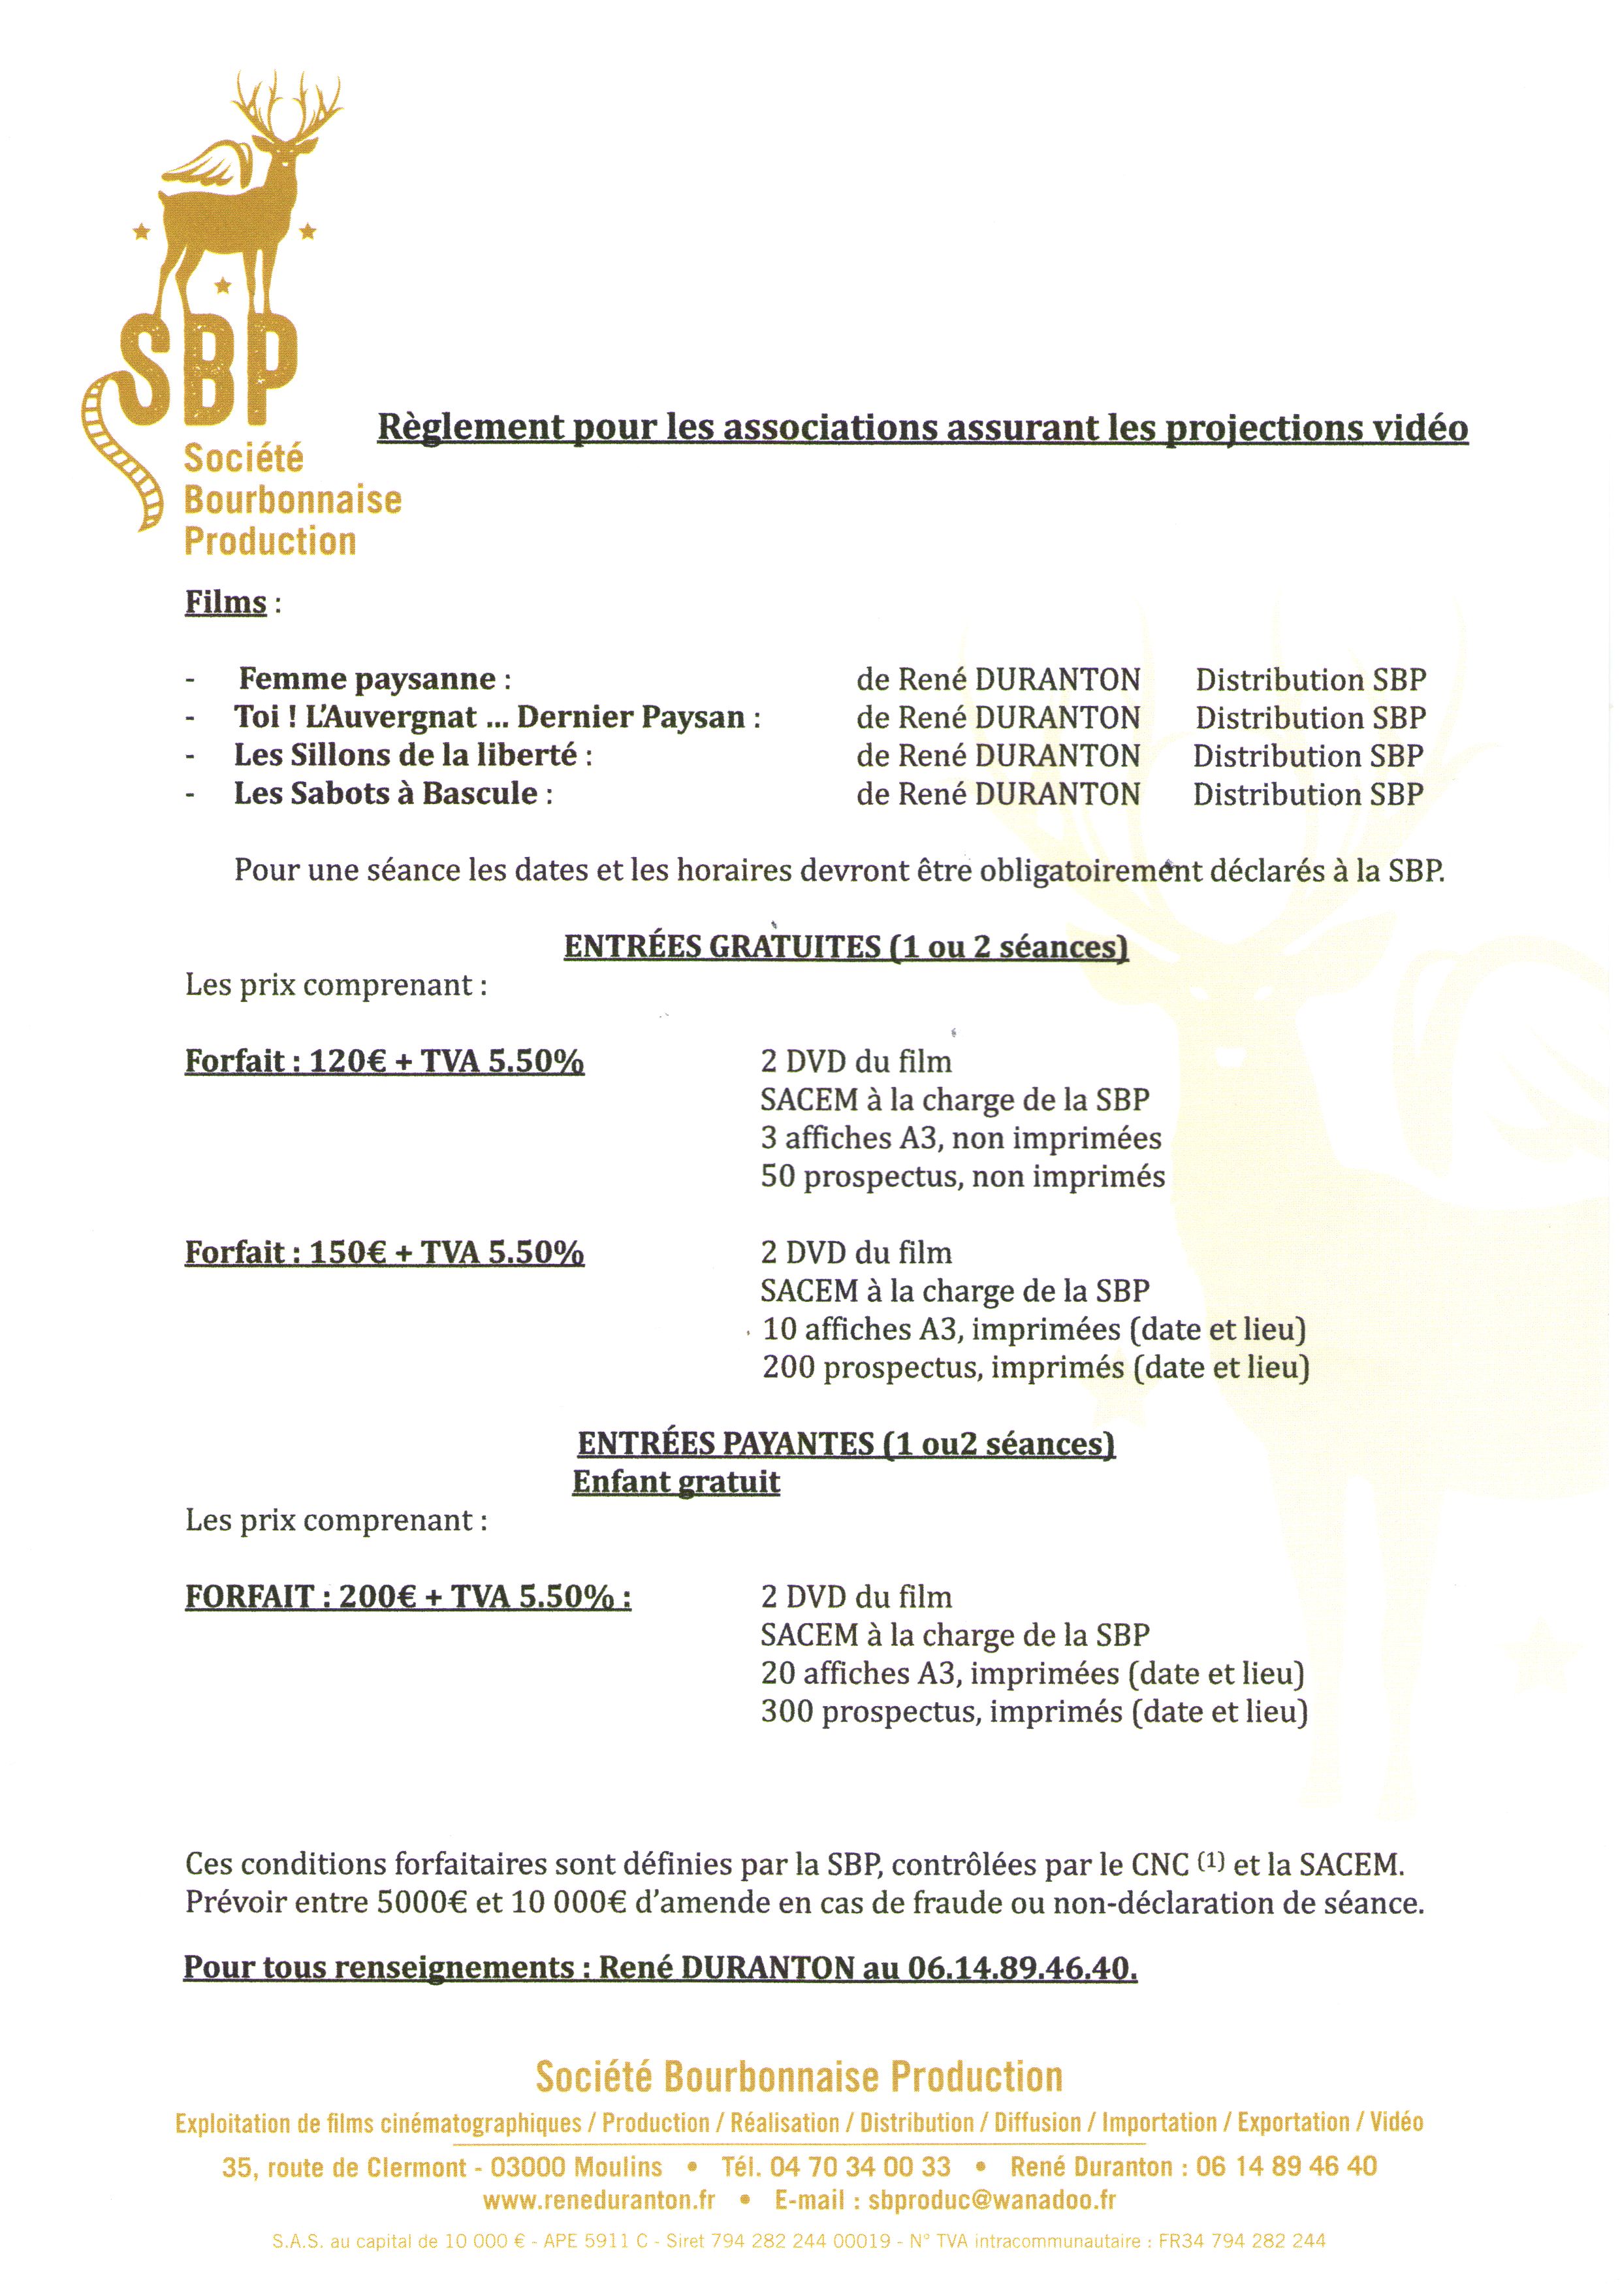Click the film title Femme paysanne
click(366, 679)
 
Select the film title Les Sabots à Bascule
click(385, 794)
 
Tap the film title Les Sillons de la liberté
click(405, 756)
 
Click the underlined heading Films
click(225, 603)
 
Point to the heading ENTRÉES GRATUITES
click(722, 946)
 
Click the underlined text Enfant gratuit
click(676, 1481)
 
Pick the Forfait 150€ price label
click(385, 1252)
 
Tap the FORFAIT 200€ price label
click(407, 1596)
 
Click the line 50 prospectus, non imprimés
click(962, 1176)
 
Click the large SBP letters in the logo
click(210, 369)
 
